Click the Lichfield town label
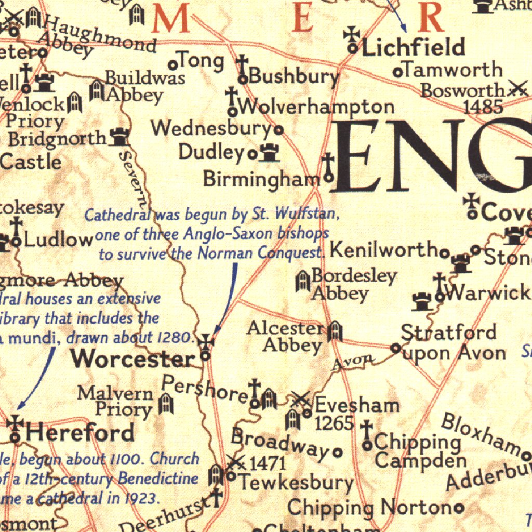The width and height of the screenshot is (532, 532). coord(413,48)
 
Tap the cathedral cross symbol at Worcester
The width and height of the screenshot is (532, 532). coord(206,342)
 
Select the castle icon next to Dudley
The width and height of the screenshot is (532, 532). coord(269,153)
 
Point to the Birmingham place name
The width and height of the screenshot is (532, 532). coord(261,179)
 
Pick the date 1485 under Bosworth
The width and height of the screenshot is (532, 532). coord(483,107)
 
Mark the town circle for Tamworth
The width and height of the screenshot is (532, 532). coord(397,72)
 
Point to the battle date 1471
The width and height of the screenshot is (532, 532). coord(268,463)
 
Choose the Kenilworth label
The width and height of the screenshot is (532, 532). coord(383,250)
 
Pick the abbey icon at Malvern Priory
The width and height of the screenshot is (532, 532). coord(165,404)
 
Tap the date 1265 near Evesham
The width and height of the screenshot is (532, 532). coord(335,423)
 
